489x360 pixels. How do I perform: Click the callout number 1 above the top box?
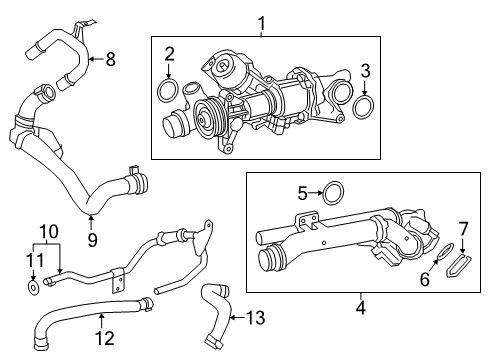coord(262,23)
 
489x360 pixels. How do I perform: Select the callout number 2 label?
coord(170,54)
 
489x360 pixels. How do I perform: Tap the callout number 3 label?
coord(365,70)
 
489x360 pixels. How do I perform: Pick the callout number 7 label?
coord(462,229)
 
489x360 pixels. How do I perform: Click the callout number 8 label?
coord(110,60)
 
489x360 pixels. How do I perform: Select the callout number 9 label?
coord(92,239)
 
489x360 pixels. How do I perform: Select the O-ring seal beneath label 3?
coord(365,105)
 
